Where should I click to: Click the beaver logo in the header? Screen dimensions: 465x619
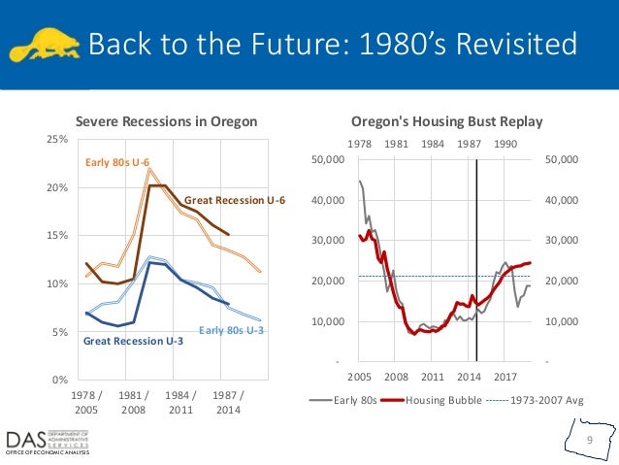tap(43, 44)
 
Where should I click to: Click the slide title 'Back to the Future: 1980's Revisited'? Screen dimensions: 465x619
tap(332, 45)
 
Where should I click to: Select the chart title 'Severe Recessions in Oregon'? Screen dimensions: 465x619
tap(167, 121)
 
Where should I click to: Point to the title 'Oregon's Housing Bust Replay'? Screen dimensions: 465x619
tap(446, 121)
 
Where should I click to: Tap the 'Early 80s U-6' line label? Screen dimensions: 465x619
tap(117, 162)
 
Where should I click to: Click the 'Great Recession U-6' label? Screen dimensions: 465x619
tap(236, 201)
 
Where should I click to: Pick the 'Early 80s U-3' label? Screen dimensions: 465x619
tap(231, 331)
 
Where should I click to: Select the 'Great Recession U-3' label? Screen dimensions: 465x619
tap(133, 342)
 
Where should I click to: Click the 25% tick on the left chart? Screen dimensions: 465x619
tap(57, 139)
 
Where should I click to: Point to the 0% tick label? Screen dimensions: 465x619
tap(59, 380)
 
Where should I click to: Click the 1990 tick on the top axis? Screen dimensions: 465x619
tap(505, 143)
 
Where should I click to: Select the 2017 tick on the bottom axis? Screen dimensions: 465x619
tap(505, 375)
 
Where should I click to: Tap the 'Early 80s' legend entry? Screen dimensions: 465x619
tap(345, 399)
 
